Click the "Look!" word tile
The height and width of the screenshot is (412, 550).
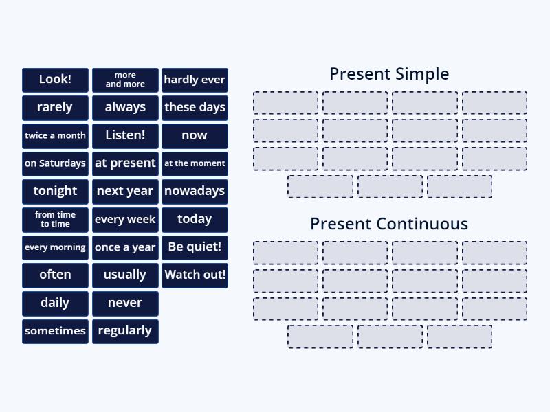55,80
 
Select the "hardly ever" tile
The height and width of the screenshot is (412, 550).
195,80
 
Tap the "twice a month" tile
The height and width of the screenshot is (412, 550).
55,135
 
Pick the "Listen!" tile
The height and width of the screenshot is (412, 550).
125,135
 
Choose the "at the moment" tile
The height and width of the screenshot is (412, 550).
195,163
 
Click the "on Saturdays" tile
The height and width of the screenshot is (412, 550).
55,163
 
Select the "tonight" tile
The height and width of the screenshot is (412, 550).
55,191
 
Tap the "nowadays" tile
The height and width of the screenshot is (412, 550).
195,191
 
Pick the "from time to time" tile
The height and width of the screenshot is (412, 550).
55,219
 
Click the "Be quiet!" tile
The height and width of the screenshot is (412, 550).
195,247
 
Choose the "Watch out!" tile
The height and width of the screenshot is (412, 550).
195,275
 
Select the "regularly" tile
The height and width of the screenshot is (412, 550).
125,331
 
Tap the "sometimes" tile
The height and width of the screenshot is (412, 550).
55,331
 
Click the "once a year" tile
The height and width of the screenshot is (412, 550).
125,247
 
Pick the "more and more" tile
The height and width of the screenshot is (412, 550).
125,80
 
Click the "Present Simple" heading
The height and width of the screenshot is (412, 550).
389,74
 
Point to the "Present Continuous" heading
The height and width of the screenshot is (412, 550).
389,224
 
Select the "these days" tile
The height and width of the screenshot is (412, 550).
195,107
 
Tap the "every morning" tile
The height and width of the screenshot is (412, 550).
55,247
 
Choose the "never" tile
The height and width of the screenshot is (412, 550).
125,303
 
